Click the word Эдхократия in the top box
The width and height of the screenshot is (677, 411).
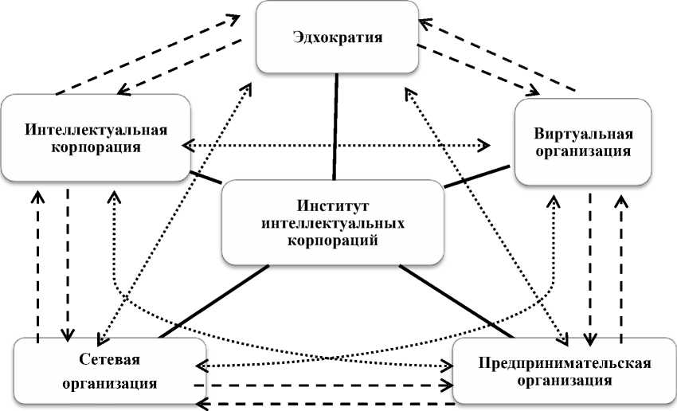point(338,37)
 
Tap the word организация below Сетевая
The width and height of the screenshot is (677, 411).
point(110,381)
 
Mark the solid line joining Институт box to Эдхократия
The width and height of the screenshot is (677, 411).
point(336,125)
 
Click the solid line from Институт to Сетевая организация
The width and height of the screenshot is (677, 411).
point(213,299)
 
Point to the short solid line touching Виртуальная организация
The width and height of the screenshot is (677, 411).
point(478,176)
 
